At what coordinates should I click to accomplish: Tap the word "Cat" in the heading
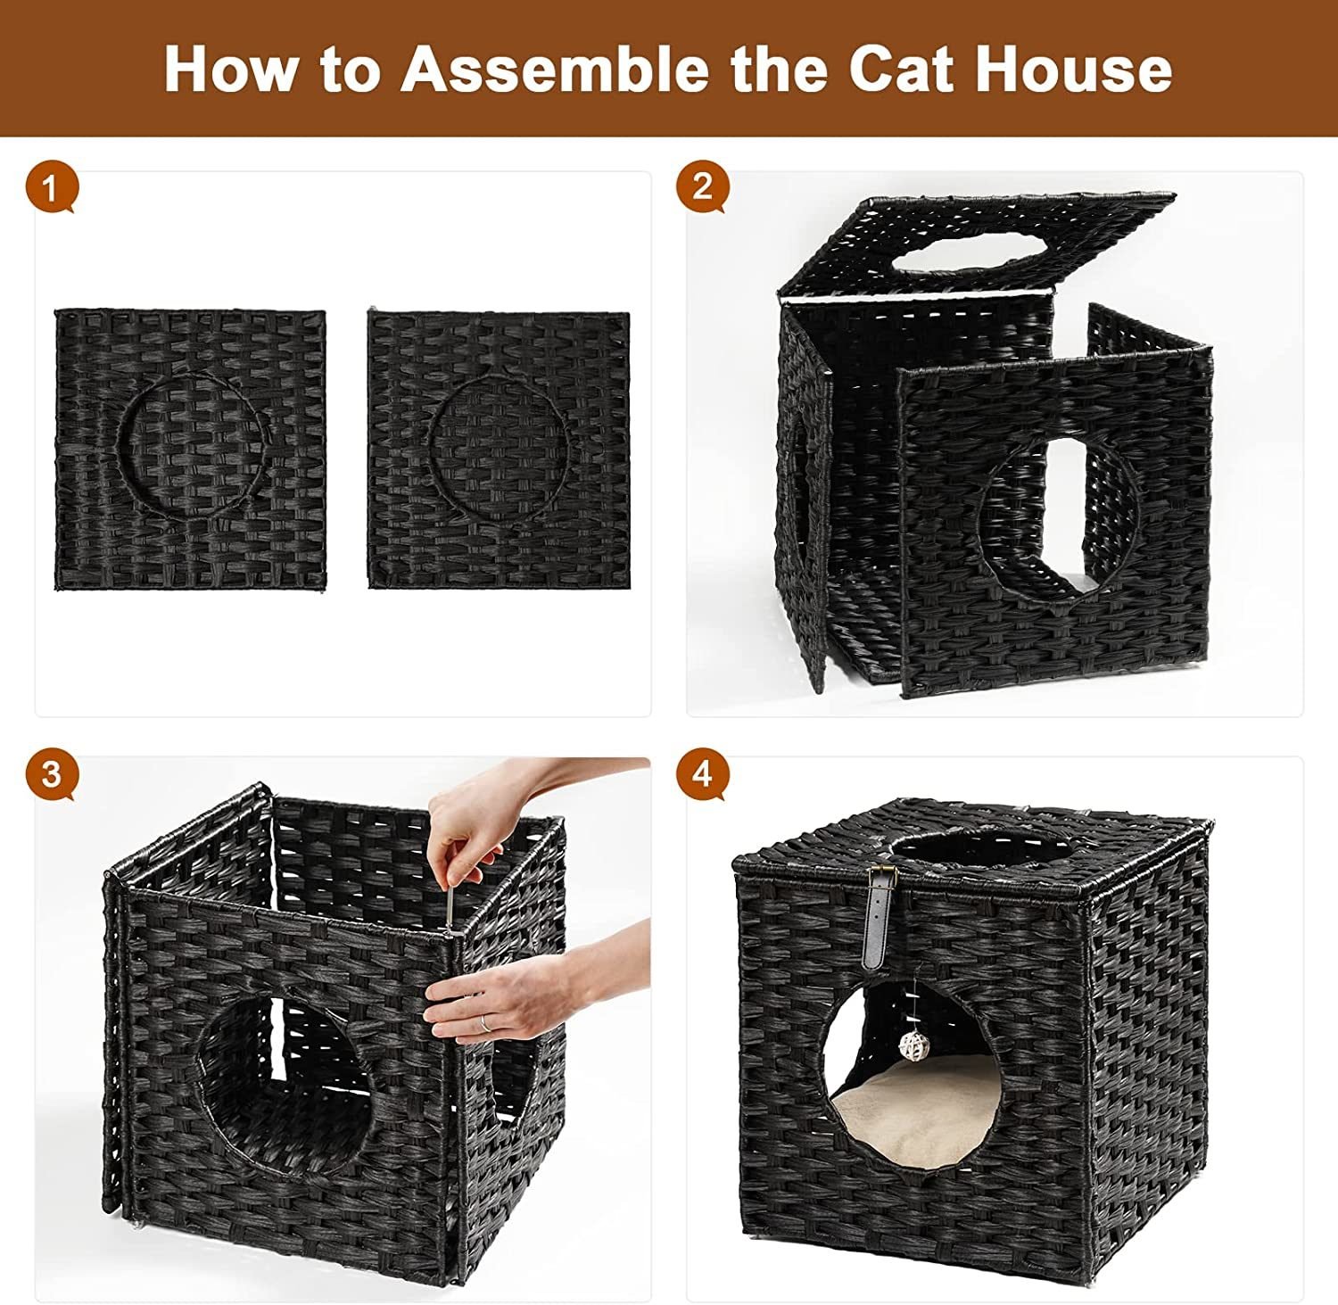[904, 69]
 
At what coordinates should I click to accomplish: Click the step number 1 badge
[51, 188]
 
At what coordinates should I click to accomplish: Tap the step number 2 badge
[703, 186]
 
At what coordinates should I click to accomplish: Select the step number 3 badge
[52, 773]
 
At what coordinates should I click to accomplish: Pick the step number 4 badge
[703, 773]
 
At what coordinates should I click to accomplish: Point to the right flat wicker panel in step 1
[499, 450]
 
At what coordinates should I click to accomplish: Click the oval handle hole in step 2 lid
[969, 252]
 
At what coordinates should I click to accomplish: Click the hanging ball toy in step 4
[911, 1045]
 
